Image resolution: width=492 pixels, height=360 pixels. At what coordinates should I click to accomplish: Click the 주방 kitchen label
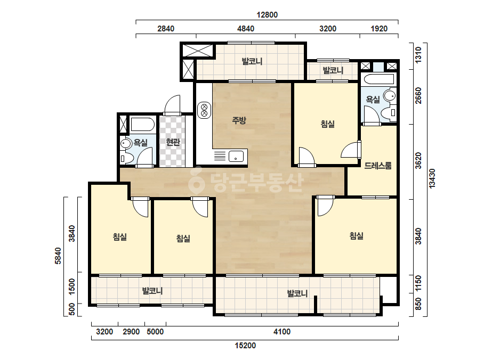coord(239,120)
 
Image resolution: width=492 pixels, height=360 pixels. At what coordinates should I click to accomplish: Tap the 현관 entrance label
coord(173,142)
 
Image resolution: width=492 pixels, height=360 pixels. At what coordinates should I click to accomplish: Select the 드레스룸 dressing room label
coord(378,165)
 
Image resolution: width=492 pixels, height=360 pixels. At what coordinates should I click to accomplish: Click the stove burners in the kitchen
coord(204,110)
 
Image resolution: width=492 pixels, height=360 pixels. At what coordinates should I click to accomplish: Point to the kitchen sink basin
coord(236,156)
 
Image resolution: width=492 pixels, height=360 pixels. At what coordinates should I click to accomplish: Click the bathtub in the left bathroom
coord(142,125)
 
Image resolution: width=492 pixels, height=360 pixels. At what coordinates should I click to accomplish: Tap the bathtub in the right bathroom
coord(378,79)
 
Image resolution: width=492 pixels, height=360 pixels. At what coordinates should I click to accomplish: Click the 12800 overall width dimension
coord(267,15)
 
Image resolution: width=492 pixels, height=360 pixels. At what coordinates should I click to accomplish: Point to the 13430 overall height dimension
coord(432,178)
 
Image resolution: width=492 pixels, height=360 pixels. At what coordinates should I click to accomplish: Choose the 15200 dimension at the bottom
coord(245,346)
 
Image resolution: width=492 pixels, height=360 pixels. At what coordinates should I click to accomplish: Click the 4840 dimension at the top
coord(246,29)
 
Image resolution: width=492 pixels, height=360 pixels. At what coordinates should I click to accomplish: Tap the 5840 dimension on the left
coord(58,256)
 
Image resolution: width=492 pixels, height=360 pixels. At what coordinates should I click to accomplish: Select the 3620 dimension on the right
coord(418,160)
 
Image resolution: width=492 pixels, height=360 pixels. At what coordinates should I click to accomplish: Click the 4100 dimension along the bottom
coord(282,331)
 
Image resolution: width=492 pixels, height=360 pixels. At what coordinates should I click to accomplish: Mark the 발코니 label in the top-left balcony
coord(252,61)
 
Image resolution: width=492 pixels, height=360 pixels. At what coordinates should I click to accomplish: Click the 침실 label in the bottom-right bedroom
coord(357,235)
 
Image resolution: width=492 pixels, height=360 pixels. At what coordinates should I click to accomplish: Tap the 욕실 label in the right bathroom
coord(373,100)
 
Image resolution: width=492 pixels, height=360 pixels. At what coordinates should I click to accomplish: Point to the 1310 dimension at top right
coord(418,55)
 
